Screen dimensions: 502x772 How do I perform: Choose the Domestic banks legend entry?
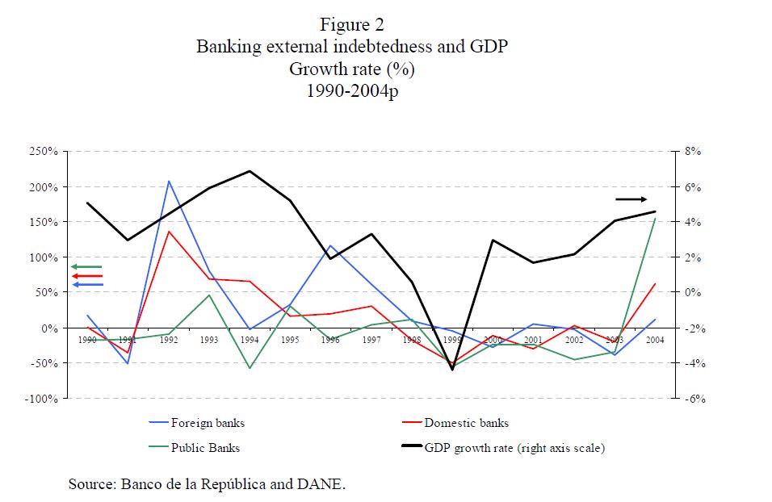pos(466,423)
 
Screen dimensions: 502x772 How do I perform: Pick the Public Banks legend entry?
pos(205,448)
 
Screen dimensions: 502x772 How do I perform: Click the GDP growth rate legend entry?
pos(514,448)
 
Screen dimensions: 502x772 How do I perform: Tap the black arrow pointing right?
pos(631,199)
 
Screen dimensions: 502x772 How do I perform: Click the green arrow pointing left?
pos(86,266)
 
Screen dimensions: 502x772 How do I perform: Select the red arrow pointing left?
pos(86,276)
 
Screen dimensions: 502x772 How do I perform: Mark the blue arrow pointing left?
pos(86,285)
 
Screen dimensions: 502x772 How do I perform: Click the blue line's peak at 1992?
pos(169,181)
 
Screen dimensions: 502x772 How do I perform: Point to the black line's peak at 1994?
pos(250,171)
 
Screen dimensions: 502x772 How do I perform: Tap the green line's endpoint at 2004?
pos(655,219)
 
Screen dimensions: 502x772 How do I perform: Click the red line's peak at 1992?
pos(169,232)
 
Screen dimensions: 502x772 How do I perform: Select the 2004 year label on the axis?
pos(655,340)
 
